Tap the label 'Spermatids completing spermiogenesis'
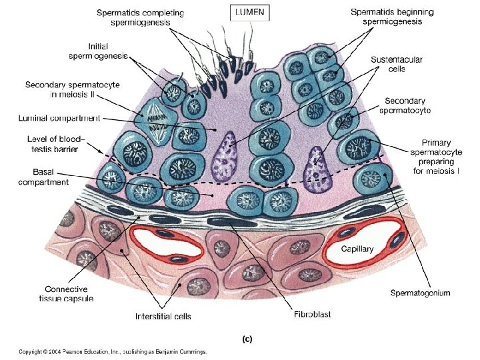coord(141,17)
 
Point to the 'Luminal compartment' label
coord(59,119)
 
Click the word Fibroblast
coord(312,313)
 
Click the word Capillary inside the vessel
coord(357,249)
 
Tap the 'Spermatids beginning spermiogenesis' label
coord(392,17)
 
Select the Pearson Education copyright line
coord(113,351)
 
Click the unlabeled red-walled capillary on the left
coord(167,244)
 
